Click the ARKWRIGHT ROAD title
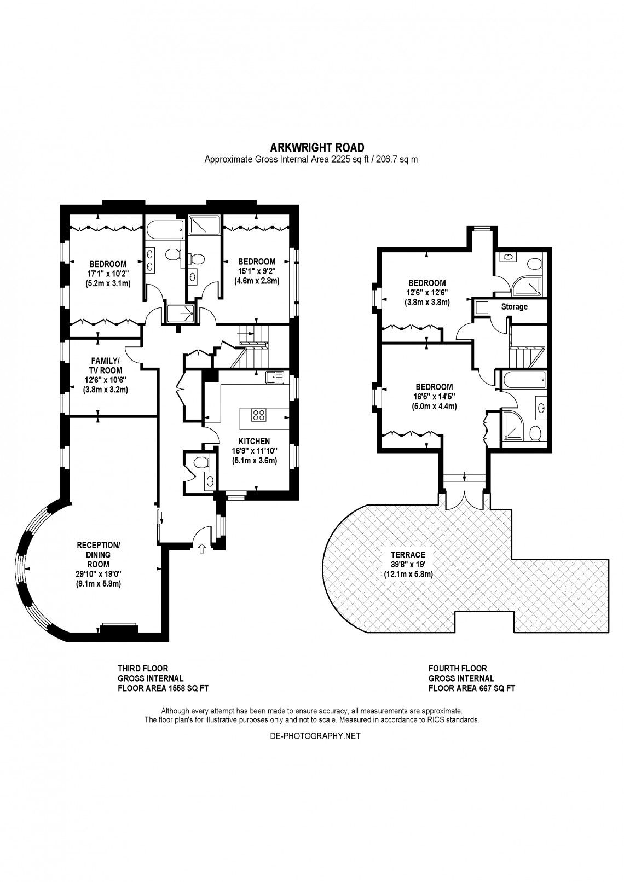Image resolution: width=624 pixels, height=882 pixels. coord(317,148)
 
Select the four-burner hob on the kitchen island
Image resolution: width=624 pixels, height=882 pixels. coord(258,415)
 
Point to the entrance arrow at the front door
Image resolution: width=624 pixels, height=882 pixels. coord(202,548)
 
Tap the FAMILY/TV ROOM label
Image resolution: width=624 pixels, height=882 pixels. coord(106,365)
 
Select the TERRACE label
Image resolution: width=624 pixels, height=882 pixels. coord(408,555)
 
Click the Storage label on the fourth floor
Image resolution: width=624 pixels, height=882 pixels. coord(514,306)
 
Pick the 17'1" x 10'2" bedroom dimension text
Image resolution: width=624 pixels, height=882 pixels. coord(108,274)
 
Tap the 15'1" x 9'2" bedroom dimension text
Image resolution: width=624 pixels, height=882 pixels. coord(257,271)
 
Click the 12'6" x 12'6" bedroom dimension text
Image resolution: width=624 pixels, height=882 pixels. coord(426,293)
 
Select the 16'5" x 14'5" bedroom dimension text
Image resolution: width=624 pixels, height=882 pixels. coord(434,397)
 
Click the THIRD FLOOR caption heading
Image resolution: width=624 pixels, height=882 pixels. coord(143,668)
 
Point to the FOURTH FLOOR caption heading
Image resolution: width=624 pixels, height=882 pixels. coord(458,668)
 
